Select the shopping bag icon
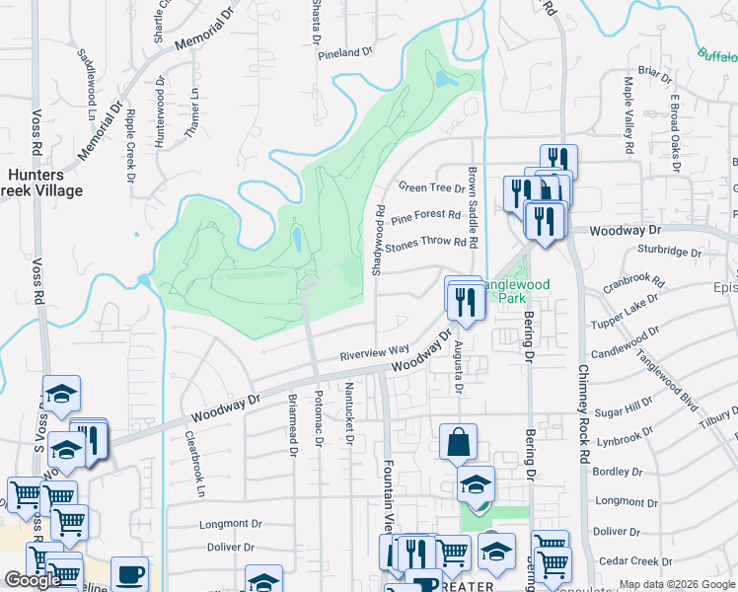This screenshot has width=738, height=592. [459, 443]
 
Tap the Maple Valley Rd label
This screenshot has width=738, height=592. [627, 113]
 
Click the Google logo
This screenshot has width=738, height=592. [33, 580]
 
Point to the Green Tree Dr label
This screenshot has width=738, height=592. [431, 187]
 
